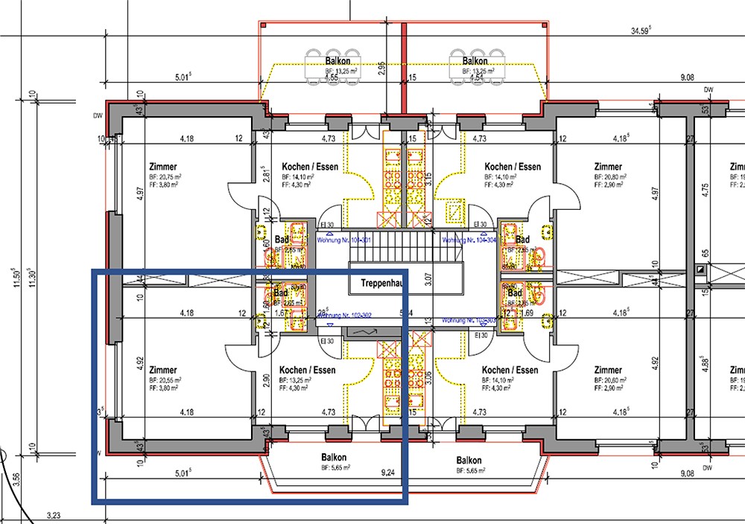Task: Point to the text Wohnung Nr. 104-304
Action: pos(469,240)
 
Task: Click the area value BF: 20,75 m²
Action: pos(165,177)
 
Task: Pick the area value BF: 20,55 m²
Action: pos(165,380)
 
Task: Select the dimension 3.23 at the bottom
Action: pos(53,514)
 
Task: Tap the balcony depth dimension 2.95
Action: pos(381,69)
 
